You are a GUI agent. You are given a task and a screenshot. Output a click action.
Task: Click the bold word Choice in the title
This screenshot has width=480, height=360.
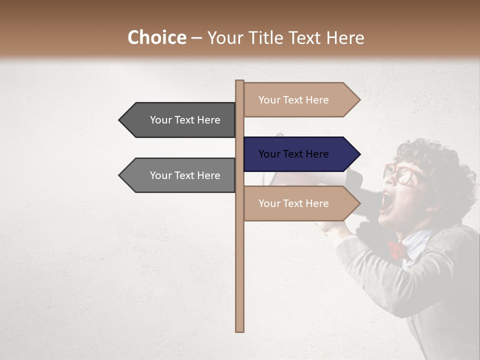pyautogui.click(x=156, y=38)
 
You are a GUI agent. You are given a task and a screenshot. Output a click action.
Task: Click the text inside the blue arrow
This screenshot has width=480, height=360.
pyautogui.click(x=293, y=154)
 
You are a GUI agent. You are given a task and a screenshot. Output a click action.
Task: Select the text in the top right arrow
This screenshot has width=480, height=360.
pyautogui.click(x=293, y=100)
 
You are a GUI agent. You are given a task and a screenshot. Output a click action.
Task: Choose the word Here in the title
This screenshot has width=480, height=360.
pyautogui.click(x=345, y=38)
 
